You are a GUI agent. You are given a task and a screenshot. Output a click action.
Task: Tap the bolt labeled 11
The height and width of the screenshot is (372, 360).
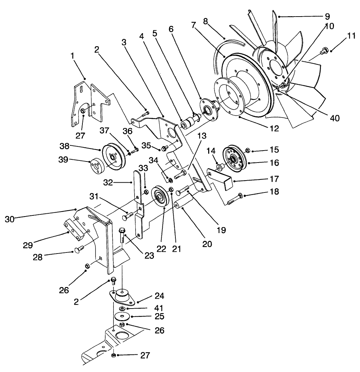click(324, 53)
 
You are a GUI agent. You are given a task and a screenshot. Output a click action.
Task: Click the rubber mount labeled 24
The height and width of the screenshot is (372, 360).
click(122, 297)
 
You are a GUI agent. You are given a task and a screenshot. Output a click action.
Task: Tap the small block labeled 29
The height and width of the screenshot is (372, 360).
click(75, 229)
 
